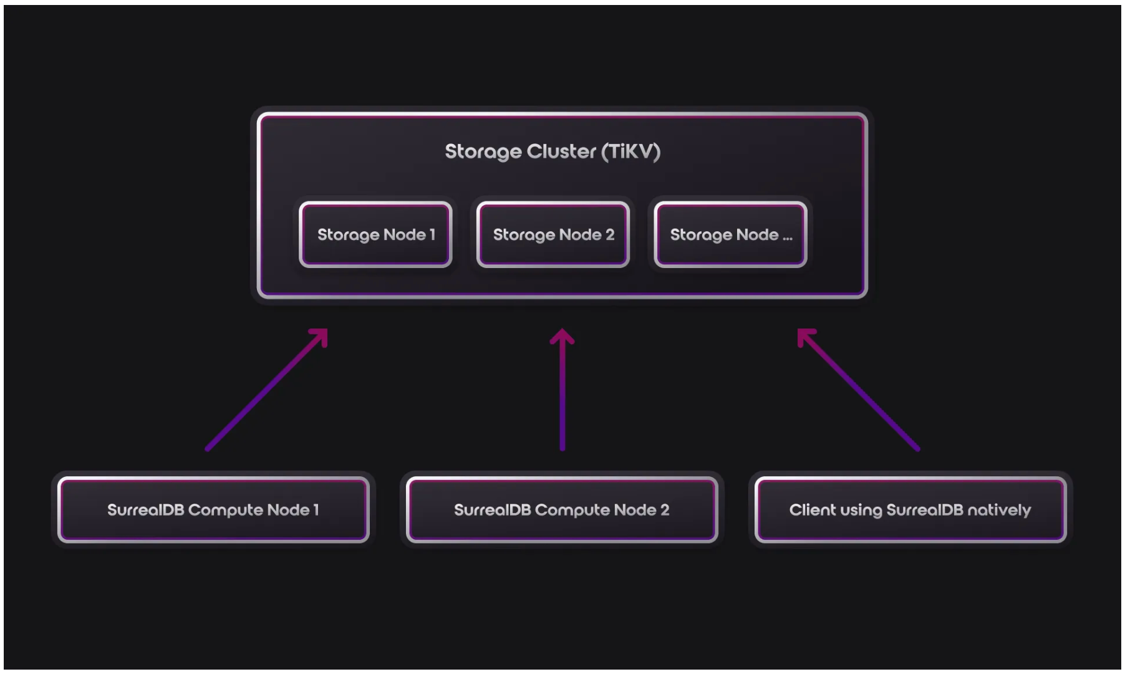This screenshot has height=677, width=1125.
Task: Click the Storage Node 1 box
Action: [x=375, y=234]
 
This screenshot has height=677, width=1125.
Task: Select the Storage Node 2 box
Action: [x=553, y=234]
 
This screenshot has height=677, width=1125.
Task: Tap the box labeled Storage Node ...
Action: [x=730, y=234]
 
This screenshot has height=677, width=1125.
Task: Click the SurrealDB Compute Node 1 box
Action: [x=213, y=510]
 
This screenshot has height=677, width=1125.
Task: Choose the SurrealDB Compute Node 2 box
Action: [x=561, y=510]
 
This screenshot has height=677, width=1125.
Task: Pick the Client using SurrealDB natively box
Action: [x=910, y=510]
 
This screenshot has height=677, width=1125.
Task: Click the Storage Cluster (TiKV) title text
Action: [x=553, y=151]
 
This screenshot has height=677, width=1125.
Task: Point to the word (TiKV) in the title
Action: [x=630, y=151]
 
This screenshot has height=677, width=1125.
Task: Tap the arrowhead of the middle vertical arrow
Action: [x=562, y=337]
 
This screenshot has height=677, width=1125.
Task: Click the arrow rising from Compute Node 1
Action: [x=265, y=390]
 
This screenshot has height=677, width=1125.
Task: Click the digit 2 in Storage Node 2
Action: [x=610, y=234]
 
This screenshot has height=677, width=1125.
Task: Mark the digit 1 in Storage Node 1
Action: [x=432, y=234]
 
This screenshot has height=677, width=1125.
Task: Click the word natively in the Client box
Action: [x=999, y=510]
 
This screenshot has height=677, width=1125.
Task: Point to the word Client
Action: [x=813, y=510]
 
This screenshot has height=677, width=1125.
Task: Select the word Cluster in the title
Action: [x=561, y=151]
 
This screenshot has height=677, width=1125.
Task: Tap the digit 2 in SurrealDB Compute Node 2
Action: [x=665, y=510]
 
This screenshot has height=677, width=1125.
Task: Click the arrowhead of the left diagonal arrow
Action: [x=321, y=335]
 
